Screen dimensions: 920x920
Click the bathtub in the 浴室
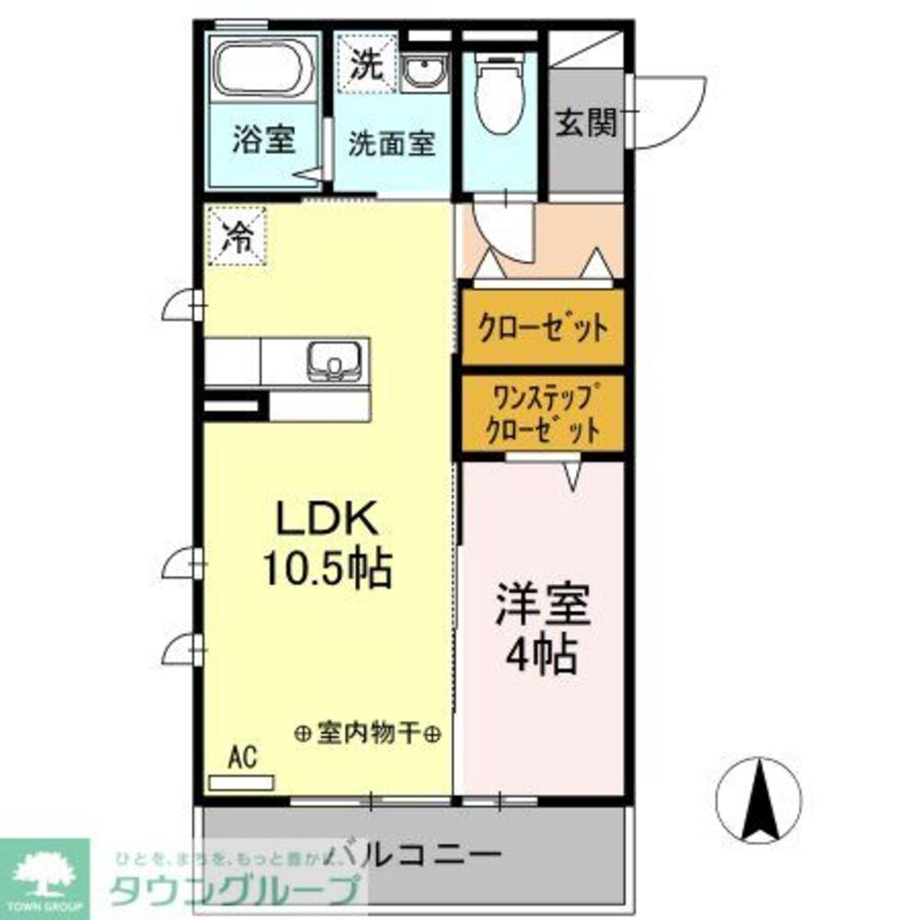coord(262,69)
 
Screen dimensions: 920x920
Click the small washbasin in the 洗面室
coord(424,70)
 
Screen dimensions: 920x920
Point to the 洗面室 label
coord(391,144)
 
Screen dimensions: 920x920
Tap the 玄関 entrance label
coord(585,124)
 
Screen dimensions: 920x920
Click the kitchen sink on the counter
coord(331,360)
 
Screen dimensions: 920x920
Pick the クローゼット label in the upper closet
coord(542,327)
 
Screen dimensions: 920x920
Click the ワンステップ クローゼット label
coord(542,413)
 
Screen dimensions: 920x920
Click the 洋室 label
coord(543,606)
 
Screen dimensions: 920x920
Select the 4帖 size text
coord(543,656)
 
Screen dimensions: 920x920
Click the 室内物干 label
coord(368,733)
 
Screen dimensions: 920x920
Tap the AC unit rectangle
coord(241,783)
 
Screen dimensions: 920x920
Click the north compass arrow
coord(760,799)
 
